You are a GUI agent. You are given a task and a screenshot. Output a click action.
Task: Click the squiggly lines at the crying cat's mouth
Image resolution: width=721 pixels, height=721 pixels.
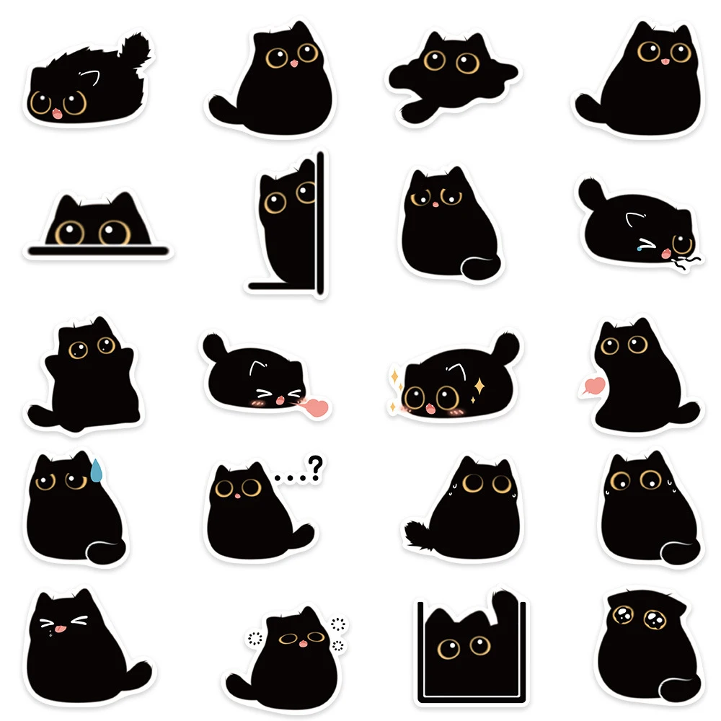point(686,261)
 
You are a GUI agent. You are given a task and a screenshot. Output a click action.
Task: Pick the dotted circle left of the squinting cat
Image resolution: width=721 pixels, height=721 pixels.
point(252,637)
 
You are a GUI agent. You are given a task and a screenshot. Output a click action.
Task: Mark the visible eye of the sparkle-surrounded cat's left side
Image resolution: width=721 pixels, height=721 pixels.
point(414,397)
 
